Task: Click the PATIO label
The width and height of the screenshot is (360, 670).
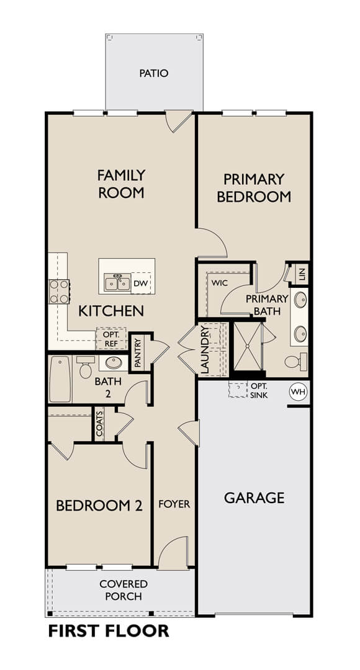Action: [154, 73]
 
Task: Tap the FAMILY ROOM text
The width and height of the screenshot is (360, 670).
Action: [122, 184]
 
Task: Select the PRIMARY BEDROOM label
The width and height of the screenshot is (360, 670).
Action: [254, 187]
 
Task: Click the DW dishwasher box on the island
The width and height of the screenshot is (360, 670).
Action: [141, 283]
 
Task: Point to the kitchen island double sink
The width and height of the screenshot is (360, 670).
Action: [117, 282]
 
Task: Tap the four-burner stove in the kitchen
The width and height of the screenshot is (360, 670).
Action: [59, 292]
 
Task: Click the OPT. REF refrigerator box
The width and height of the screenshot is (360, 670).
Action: [110, 339]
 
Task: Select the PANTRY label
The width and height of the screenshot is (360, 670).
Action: [138, 353]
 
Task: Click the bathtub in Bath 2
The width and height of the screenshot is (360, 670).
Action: [60, 379]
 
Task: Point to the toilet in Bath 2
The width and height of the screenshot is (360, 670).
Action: [86, 367]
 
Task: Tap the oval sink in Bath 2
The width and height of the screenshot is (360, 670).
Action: [114, 363]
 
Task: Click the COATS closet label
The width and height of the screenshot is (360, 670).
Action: [99, 424]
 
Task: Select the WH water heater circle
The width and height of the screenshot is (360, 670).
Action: [297, 391]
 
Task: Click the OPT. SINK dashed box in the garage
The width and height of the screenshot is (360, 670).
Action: [238, 390]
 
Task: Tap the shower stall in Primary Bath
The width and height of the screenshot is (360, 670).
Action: [246, 346]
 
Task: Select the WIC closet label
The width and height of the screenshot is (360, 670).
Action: [219, 283]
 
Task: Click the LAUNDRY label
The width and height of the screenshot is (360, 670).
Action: [204, 350]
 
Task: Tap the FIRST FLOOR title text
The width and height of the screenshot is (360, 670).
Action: [109, 631]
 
